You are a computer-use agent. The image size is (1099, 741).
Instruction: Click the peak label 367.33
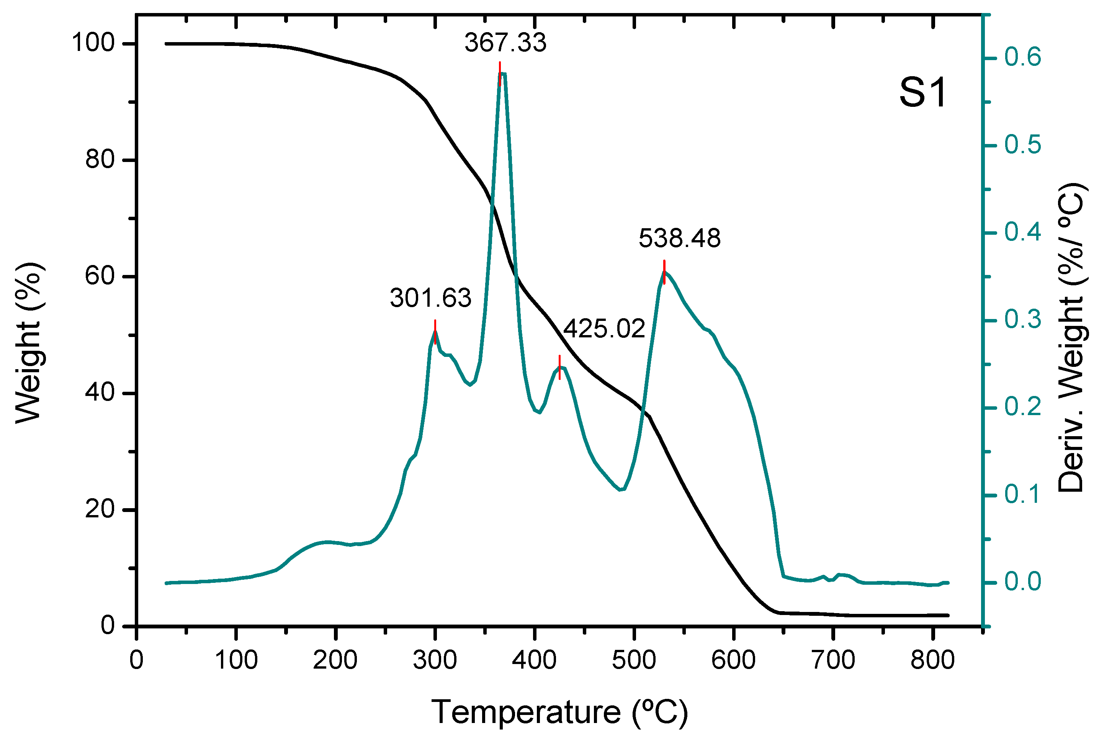coord(505,43)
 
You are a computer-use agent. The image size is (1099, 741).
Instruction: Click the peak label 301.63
coord(430,298)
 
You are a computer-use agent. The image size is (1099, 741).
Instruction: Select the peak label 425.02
coord(604,329)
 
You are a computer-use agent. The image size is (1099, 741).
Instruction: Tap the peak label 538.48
coord(679,238)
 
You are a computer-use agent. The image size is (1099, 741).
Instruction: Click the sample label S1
coord(922,93)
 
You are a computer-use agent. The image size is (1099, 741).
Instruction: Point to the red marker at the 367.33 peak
coord(499,74)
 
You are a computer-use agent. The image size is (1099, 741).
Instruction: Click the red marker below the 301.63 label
coord(435,332)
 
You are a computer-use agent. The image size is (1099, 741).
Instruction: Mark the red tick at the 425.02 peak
coord(559,367)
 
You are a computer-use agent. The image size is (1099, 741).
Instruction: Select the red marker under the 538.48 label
coord(664,272)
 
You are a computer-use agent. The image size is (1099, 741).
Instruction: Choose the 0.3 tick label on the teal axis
coord(1022,319)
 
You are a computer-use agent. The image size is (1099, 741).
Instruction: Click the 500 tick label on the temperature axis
coord(634,660)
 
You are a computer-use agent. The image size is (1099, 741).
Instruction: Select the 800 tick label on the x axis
coord(932,660)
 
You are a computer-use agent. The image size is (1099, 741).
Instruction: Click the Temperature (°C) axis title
coord(559,712)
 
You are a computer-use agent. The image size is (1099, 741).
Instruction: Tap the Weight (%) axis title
coord(28,343)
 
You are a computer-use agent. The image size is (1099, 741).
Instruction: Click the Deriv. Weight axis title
coord(1071,338)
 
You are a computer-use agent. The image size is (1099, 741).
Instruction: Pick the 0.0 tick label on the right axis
coord(1022,582)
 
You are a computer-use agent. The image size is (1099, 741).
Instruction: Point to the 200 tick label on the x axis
coord(335,660)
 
